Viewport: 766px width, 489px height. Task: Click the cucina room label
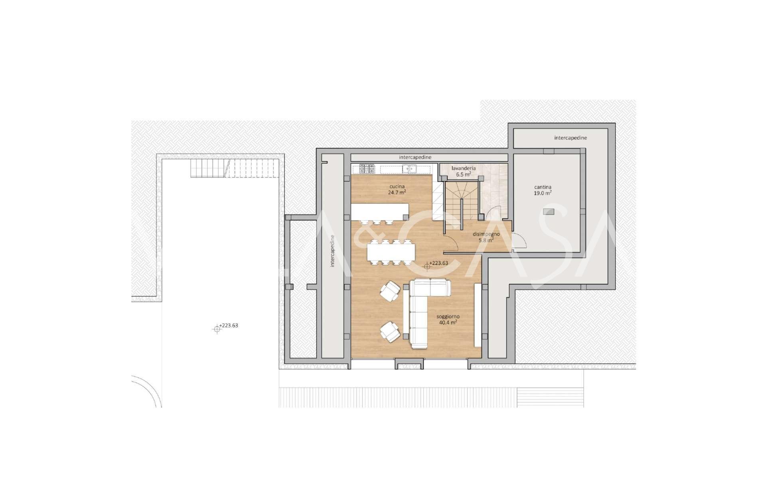397,186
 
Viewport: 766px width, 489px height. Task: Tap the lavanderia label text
464,168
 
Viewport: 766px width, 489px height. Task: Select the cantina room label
543,187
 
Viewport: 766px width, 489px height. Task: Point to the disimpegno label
486,234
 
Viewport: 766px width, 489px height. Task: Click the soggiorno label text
448,316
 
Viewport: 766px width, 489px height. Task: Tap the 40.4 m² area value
448,322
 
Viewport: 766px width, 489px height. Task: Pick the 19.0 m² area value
543,193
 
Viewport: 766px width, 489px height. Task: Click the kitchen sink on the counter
409,169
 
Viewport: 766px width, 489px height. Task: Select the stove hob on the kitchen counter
367,169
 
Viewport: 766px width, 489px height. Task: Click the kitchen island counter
380,211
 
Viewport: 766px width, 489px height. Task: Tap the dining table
391,252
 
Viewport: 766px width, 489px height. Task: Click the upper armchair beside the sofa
390,291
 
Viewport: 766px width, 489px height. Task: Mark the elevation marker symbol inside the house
427,266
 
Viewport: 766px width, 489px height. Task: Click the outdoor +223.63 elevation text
229,325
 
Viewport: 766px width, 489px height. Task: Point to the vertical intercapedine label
332,256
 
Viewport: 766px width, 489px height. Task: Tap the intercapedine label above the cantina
571,138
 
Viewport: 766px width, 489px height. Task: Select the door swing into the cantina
519,242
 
